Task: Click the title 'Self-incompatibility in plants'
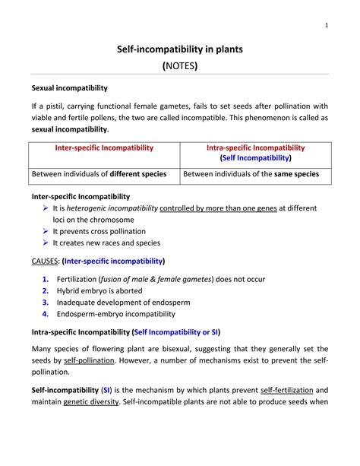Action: [179, 49]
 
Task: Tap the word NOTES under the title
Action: [180, 66]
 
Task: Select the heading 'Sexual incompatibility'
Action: [69, 88]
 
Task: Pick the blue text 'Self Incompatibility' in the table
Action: [255, 158]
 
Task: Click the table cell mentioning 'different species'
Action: [99, 174]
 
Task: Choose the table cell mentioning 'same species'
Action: [251, 174]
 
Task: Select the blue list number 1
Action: [46, 279]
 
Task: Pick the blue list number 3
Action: [46, 302]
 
